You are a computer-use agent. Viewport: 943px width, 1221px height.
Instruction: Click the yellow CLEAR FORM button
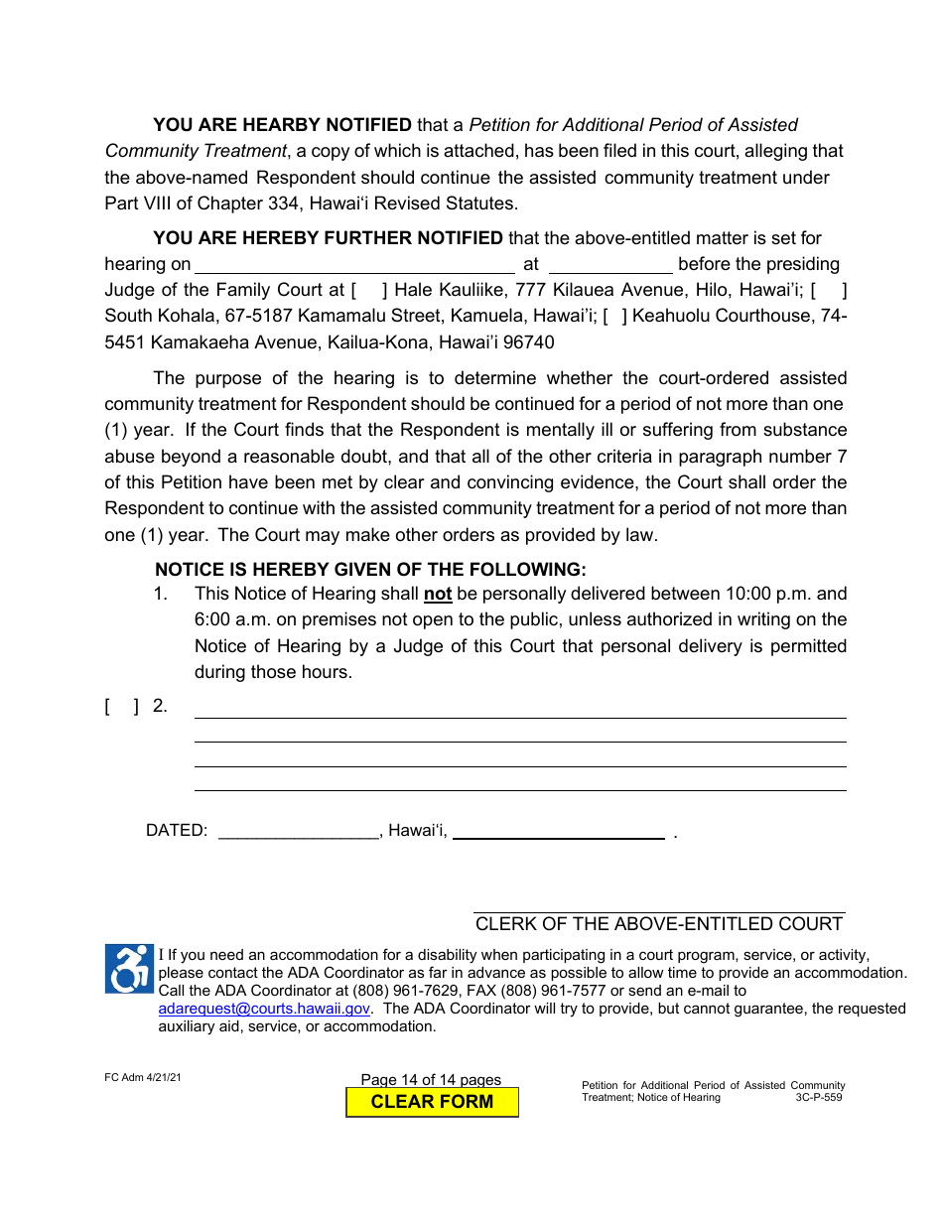click(432, 1102)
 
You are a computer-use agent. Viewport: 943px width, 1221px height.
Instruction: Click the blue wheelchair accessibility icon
click(129, 969)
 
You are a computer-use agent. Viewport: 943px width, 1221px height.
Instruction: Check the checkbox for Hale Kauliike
click(368, 291)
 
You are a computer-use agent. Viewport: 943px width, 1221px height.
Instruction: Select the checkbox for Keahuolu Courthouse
click(614, 317)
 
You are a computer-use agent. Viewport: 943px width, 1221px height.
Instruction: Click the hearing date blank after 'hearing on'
click(354, 265)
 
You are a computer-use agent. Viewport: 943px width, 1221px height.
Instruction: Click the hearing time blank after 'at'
click(610, 265)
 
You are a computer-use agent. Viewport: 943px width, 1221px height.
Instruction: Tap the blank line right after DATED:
click(298, 832)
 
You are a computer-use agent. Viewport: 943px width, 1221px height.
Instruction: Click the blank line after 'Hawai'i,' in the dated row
click(558, 832)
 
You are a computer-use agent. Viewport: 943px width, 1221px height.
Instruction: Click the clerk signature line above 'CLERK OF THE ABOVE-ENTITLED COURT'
click(659, 905)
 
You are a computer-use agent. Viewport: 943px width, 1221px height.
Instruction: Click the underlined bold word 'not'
click(438, 595)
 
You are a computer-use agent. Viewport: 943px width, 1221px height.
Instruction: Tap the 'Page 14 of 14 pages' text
click(431, 1080)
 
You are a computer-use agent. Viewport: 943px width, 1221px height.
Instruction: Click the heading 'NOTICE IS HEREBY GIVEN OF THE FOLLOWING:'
click(370, 570)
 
